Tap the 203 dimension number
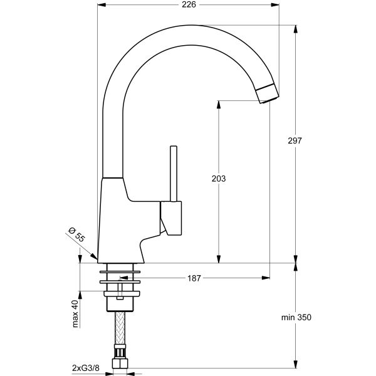tap(218, 179)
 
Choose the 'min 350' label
tap(296, 318)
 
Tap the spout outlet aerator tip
tap(267, 93)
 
